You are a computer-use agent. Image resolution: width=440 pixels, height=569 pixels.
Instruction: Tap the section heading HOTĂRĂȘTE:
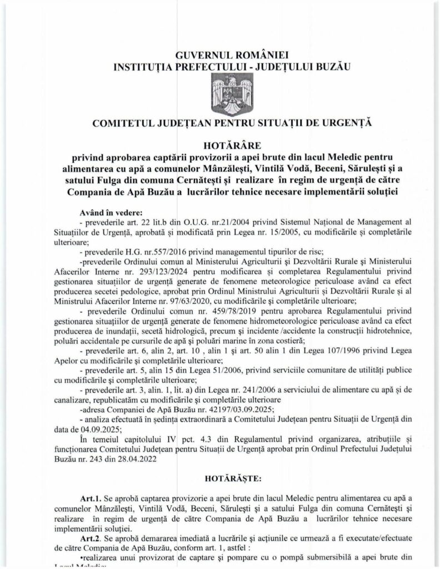[219, 477]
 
